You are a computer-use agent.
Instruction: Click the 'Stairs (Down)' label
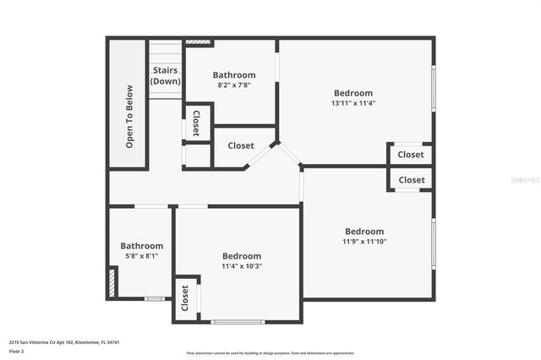coord(166,76)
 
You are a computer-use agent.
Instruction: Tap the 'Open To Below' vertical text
coord(129,116)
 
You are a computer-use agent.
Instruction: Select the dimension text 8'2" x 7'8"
coord(234,85)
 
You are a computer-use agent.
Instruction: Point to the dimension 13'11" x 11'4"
coord(353,104)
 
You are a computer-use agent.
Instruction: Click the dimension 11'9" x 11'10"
coord(364,242)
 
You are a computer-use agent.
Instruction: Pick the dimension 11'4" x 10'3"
coord(242,266)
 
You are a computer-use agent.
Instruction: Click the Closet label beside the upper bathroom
coord(196,123)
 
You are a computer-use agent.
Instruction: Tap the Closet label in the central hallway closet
coord(241,145)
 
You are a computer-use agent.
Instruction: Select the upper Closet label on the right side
coord(411,155)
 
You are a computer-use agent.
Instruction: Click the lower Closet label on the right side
coord(412,180)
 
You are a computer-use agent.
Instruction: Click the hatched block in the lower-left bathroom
coord(111,282)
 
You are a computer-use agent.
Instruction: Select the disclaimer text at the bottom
coord(270,352)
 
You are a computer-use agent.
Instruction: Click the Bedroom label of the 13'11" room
coord(353,93)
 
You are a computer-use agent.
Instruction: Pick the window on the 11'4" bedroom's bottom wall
coord(238,321)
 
